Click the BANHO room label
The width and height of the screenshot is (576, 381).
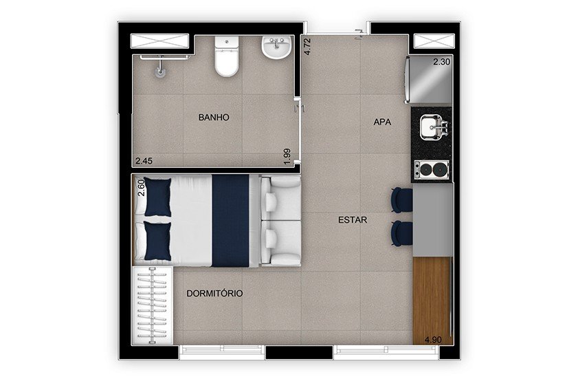tap(214, 117)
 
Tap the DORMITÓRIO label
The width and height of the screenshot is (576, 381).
tap(214, 293)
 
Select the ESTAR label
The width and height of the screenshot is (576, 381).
tap(353, 219)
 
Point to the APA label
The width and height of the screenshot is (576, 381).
tap(382, 122)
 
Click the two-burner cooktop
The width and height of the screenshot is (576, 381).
tap(431, 169)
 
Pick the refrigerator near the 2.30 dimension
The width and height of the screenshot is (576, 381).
tap(428, 79)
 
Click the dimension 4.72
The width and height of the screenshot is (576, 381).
tap(307, 47)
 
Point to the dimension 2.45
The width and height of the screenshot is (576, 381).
tap(144, 160)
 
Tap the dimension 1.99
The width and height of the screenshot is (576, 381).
tap(287, 156)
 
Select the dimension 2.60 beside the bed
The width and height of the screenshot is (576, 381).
tap(141, 187)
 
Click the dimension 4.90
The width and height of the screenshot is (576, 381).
tap(433, 340)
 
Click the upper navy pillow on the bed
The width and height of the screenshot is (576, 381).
tap(157, 197)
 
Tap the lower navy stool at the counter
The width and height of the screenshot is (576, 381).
tap(401, 233)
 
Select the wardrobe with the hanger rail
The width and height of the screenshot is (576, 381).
tap(152, 305)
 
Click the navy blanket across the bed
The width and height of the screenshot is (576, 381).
tap(231, 221)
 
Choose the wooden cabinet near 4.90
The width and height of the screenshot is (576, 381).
tap(432, 301)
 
